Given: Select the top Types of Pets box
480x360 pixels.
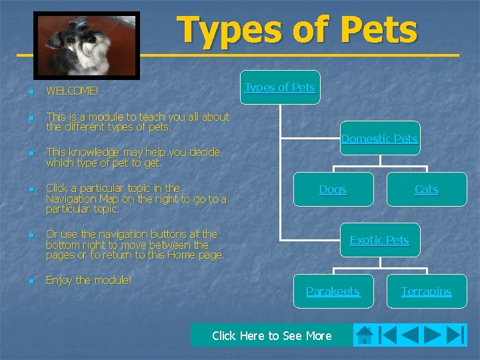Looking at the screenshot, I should click(x=280, y=87).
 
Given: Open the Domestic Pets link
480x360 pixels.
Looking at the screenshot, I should click(x=379, y=139).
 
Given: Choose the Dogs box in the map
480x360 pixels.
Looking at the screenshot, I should click(x=333, y=190).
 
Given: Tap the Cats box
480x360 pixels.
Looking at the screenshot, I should click(x=427, y=190).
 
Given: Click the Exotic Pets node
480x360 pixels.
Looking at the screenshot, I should click(x=379, y=240).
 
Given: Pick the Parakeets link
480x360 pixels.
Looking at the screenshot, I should click(x=333, y=291).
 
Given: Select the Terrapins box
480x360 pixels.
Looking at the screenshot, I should click(x=427, y=291).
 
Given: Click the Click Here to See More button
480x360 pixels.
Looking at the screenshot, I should click(x=271, y=335).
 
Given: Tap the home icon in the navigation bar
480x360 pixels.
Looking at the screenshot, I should click(x=364, y=335).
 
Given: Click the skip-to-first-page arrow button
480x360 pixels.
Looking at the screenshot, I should click(x=387, y=335).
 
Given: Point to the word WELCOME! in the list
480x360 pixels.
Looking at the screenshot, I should click(x=72, y=90).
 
